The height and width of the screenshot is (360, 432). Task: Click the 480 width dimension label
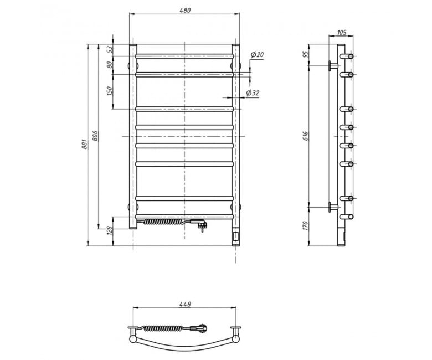click(x=185, y=11)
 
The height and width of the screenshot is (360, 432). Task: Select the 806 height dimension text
click(x=95, y=136)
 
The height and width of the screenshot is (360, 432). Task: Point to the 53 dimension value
click(x=110, y=50)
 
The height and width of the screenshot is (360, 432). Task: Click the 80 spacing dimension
click(x=110, y=65)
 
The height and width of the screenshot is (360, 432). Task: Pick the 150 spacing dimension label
click(x=110, y=91)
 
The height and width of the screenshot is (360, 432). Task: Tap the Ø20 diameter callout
click(x=257, y=55)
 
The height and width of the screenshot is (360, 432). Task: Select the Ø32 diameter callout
click(x=253, y=93)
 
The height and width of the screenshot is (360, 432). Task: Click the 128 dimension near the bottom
click(x=110, y=230)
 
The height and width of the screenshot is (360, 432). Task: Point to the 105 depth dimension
click(x=341, y=33)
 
